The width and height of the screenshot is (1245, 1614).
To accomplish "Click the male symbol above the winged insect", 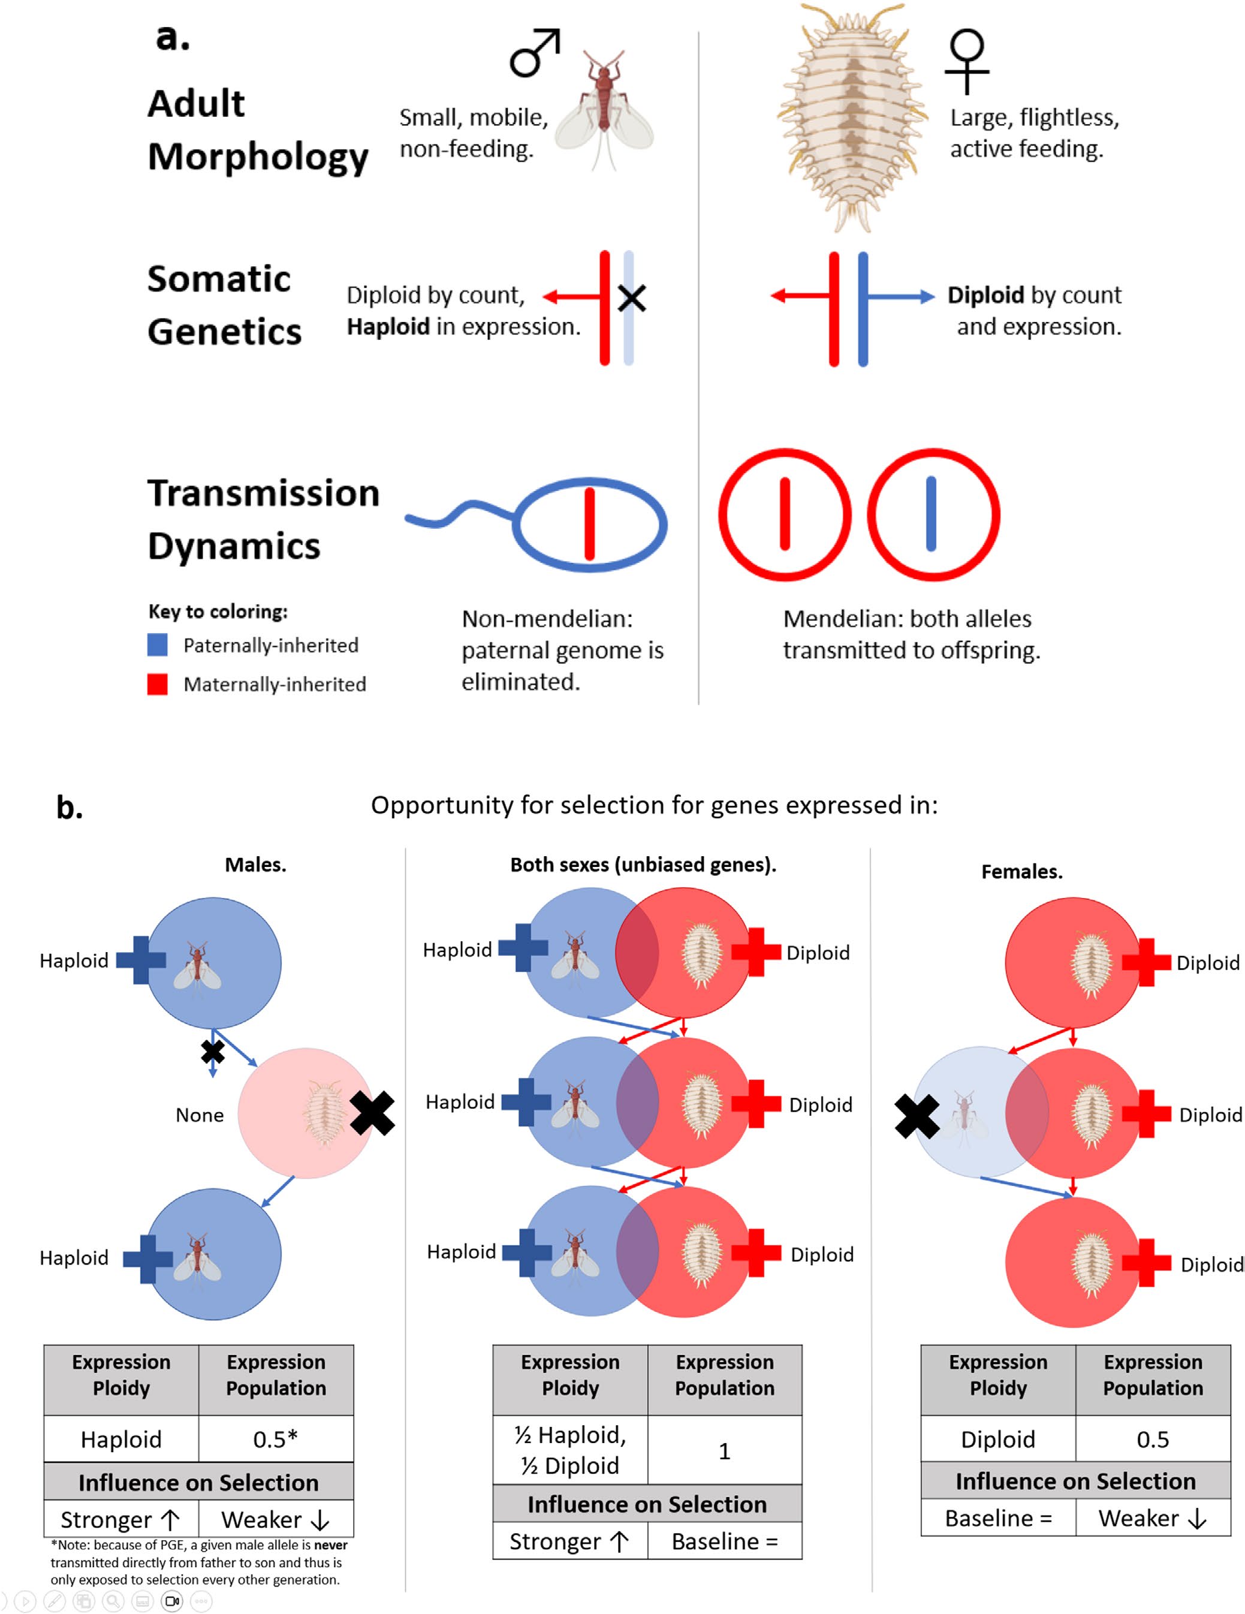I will (x=533, y=53).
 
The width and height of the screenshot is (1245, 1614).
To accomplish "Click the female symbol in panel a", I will (x=966, y=61).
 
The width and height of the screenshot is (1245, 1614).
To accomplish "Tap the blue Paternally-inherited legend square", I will (x=158, y=645).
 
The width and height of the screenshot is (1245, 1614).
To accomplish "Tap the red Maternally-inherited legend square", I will (x=158, y=684).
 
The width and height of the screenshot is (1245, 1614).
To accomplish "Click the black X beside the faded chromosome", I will (x=632, y=299).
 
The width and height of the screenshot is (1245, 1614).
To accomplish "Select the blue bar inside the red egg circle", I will (x=931, y=514).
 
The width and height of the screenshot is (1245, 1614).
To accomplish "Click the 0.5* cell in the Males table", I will (x=276, y=1439).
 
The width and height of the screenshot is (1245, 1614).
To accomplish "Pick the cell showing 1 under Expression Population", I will (x=724, y=1451).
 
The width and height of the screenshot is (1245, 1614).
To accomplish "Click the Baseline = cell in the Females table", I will (x=997, y=1518).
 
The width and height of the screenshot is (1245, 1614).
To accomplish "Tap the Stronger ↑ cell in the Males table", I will (x=120, y=1519).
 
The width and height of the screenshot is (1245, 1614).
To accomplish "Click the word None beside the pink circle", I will (x=200, y=1115).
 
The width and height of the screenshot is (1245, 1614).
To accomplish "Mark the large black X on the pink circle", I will (x=372, y=1113).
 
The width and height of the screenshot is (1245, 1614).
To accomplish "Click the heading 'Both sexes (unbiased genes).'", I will (x=643, y=865).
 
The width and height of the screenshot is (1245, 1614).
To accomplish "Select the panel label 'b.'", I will (x=70, y=808).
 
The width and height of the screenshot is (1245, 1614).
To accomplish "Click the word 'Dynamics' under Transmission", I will (x=234, y=547).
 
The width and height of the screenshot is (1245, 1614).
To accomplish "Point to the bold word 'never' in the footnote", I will (x=330, y=1544).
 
